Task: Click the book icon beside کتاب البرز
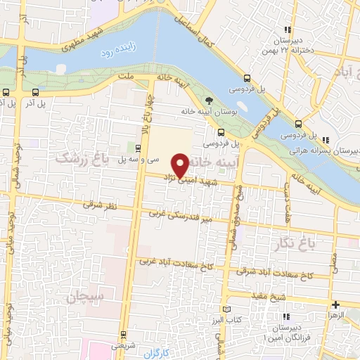(225, 309)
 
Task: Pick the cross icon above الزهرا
(336, 304)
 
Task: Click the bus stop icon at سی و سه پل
(137, 148)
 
